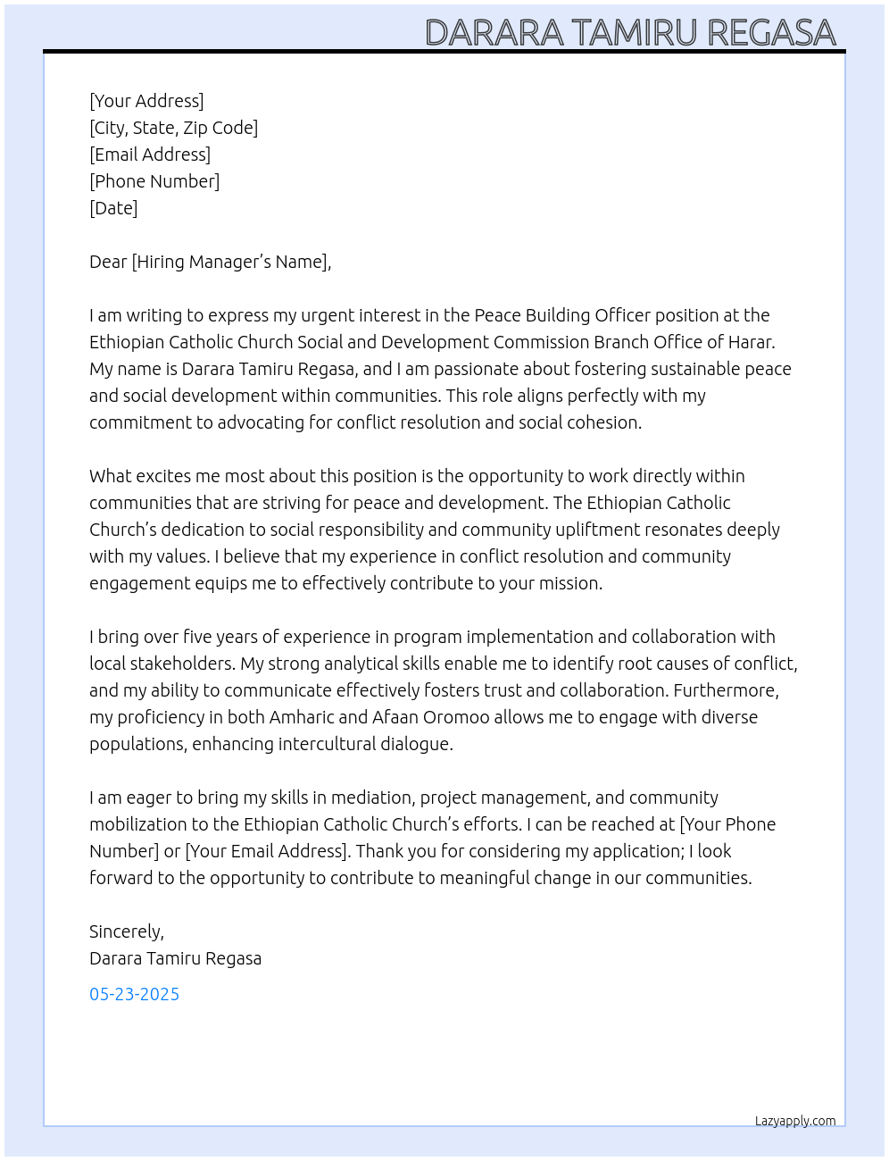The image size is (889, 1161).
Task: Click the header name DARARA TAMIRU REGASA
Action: point(630,32)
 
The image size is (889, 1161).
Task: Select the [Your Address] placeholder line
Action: point(146,101)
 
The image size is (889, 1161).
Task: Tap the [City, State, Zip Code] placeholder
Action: point(173,128)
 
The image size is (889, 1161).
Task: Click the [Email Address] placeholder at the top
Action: point(150,155)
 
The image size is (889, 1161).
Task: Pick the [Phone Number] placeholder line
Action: point(154,181)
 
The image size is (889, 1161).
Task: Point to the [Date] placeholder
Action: point(113,208)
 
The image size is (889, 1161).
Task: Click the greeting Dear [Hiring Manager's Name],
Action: point(210,262)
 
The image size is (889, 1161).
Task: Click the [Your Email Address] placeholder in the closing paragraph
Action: point(266,851)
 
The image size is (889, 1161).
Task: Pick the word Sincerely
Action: point(126,931)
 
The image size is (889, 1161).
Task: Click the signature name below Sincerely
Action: point(175,958)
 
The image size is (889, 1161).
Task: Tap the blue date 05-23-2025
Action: point(134,994)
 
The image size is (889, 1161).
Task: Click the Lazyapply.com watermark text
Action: point(794,1121)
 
